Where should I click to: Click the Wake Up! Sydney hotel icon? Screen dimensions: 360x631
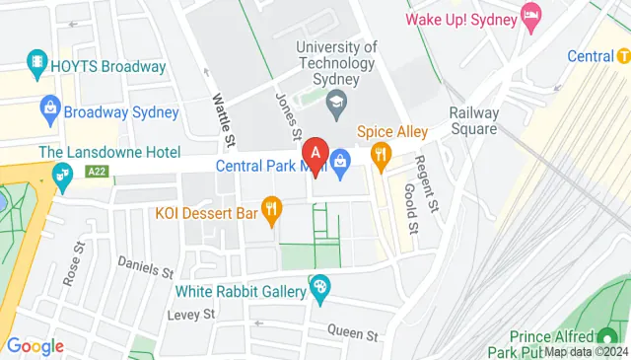tap(532, 17)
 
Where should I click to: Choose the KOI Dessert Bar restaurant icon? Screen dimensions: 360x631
tap(273, 210)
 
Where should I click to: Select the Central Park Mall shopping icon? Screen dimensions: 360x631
tap(341, 159)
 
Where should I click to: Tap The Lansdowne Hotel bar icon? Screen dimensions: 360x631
tap(63, 178)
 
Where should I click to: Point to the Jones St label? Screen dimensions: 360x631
tap(287, 115)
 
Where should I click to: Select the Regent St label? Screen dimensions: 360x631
tap(425, 178)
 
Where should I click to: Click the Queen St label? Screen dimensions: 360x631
tap(353, 334)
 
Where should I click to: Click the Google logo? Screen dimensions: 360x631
tap(35, 346)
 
